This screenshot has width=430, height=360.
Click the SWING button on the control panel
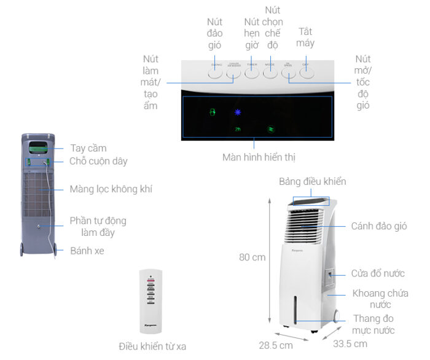pyautogui.click(x=214, y=71)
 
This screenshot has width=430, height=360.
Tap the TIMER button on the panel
pyautogui.click(x=252, y=71)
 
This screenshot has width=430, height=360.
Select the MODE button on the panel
pyautogui.click(x=270, y=71)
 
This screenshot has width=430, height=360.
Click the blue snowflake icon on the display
pyautogui.click(x=238, y=112)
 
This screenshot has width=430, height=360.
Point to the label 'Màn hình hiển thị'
pyautogui.click(x=259, y=157)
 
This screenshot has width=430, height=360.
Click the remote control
pyautogui.click(x=150, y=300)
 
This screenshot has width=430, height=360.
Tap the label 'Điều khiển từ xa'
pyautogui.click(x=152, y=346)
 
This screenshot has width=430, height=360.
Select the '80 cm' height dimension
pyautogui.click(x=252, y=257)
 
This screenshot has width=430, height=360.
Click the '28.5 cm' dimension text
pyautogui.click(x=276, y=345)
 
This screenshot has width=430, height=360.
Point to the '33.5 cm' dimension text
pyautogui.click(x=350, y=343)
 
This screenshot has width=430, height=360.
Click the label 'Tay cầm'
pyautogui.click(x=88, y=148)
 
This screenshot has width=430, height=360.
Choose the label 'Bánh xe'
pyautogui.click(x=87, y=251)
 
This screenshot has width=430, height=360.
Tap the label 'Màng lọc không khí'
pyautogui.click(x=111, y=189)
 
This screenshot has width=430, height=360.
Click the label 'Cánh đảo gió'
pyautogui.click(x=379, y=227)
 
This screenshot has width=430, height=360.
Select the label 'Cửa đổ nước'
pyautogui.click(x=378, y=273)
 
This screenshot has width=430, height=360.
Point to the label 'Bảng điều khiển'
pyautogui.click(x=312, y=181)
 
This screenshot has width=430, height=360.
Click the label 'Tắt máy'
pyautogui.click(x=305, y=37)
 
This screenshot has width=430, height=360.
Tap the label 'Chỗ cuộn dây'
pyautogui.click(x=98, y=162)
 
